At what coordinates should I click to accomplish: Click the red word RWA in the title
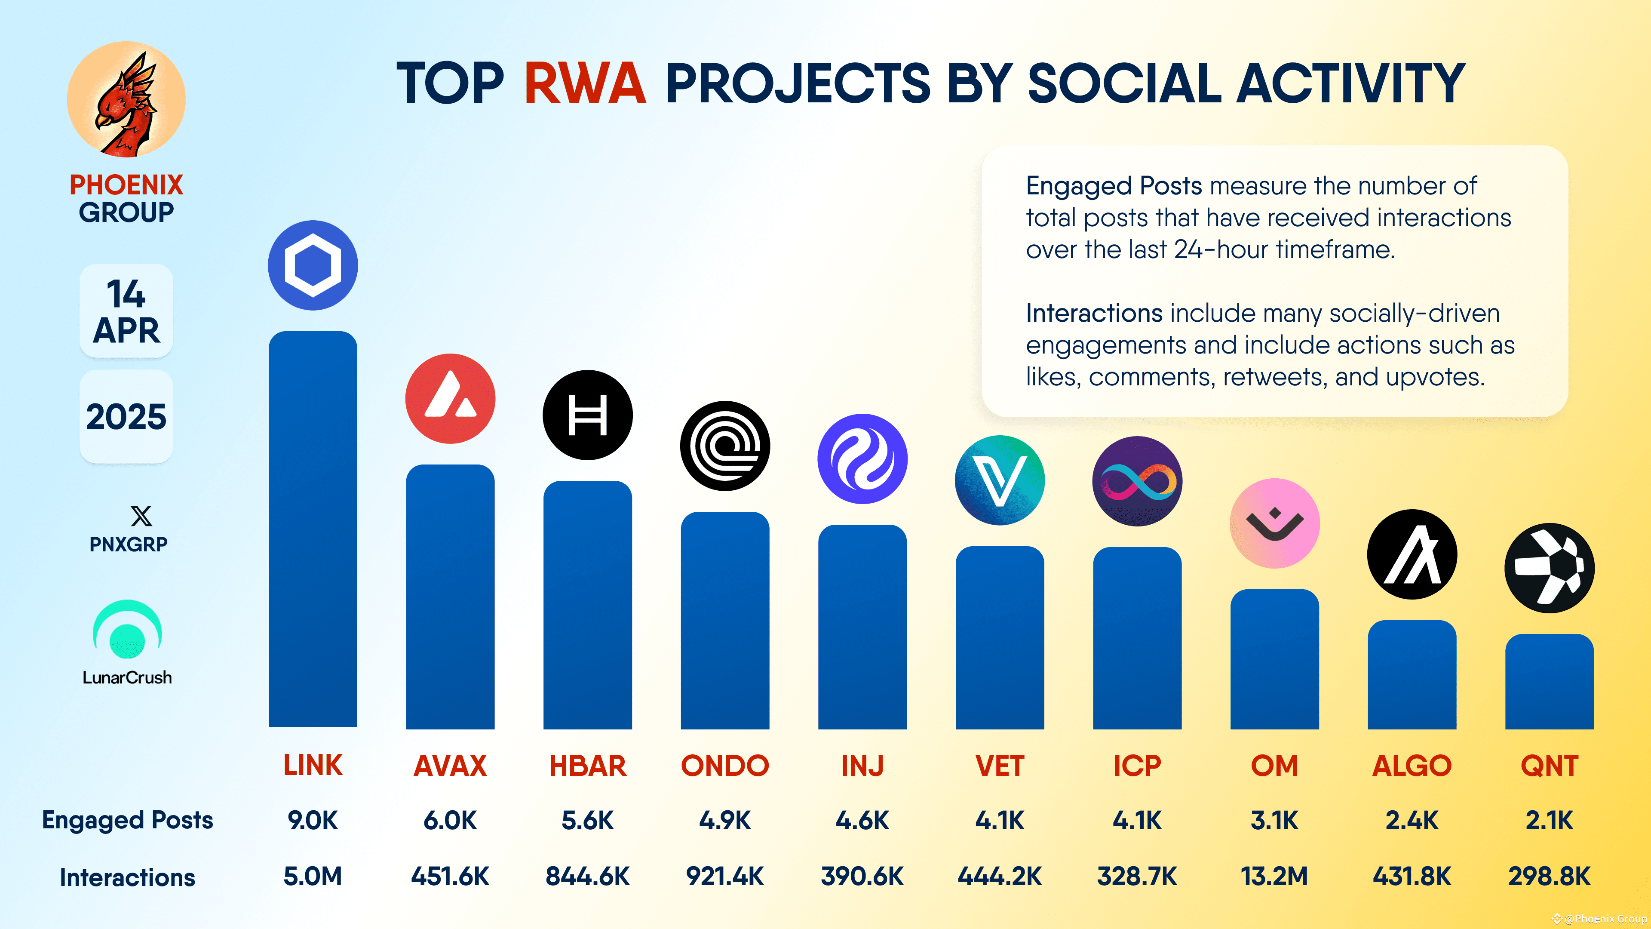click(585, 83)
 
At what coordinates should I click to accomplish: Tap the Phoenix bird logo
click(126, 99)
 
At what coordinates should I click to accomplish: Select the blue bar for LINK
click(313, 529)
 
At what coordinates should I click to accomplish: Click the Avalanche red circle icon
click(450, 398)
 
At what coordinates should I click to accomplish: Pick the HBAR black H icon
click(587, 415)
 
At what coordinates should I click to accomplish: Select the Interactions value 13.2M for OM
click(1274, 876)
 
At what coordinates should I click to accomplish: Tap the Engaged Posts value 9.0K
click(313, 820)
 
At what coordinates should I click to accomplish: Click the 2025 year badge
click(126, 417)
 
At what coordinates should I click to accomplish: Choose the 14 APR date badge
click(126, 311)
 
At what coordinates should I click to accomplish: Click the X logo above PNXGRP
click(141, 516)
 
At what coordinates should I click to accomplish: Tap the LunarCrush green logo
click(128, 630)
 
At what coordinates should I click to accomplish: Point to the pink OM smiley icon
click(1274, 523)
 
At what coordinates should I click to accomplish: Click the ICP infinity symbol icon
click(1137, 481)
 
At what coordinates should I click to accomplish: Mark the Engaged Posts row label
click(128, 820)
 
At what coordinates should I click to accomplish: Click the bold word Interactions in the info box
click(1093, 313)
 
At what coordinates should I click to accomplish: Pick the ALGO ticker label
click(1411, 766)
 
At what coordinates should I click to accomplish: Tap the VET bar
click(999, 638)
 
